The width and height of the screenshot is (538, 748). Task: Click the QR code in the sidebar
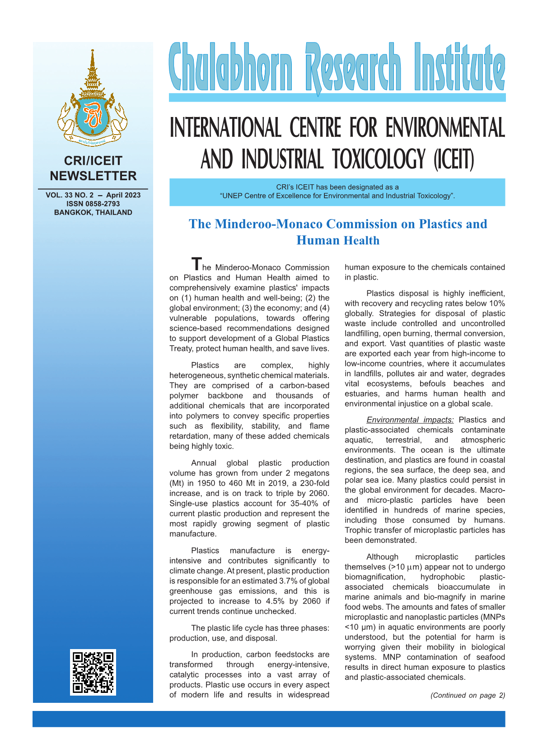[x=93, y=672]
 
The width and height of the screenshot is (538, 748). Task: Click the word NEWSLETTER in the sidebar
[x=93, y=176]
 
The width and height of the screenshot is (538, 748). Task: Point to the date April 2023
[x=123, y=195]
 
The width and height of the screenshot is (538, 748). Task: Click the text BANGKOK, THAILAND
[x=93, y=212]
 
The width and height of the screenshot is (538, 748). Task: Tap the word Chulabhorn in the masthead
[x=231, y=68]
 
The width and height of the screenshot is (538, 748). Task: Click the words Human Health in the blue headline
[x=338, y=240]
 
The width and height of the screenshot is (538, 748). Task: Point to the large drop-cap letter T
[x=196, y=264]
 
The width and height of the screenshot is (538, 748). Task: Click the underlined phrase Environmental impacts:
[x=410, y=420]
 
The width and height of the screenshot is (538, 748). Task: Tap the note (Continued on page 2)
[x=468, y=695]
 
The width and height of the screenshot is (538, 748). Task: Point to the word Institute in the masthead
[x=459, y=68]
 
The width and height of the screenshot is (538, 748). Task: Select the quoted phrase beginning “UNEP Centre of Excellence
[x=337, y=196]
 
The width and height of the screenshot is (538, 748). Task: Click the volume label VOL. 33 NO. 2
[x=70, y=195]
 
